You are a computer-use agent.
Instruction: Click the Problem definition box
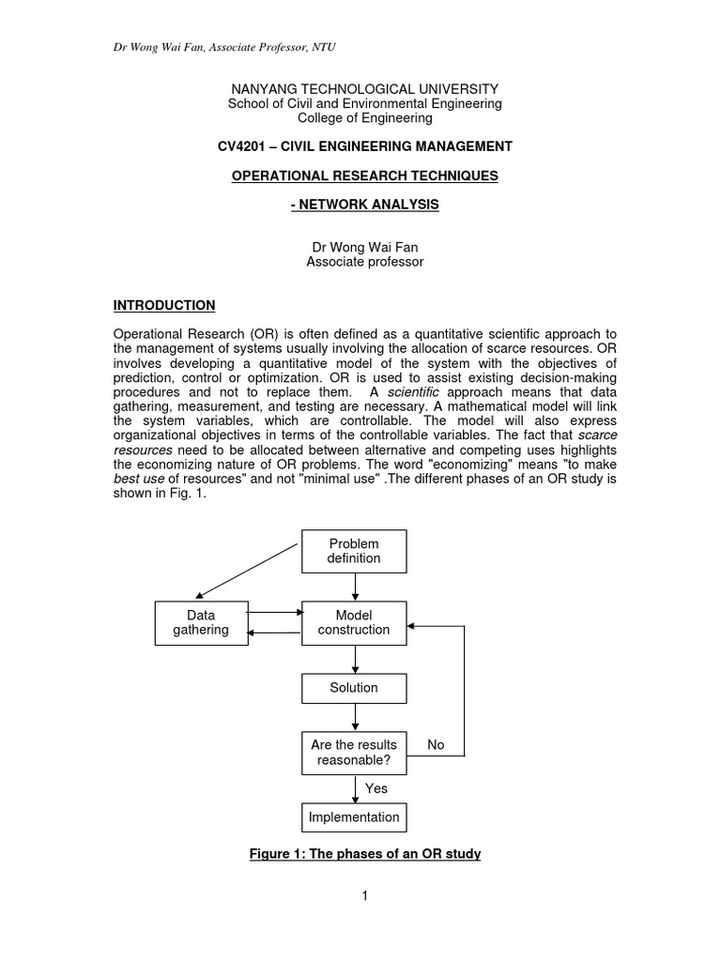coord(354,551)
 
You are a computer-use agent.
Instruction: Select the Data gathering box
coord(201,622)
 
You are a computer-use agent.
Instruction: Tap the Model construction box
coord(354,622)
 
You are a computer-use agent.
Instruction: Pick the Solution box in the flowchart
coord(354,688)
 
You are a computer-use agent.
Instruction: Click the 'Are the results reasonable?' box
coord(354,753)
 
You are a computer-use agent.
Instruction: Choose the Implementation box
coord(354,817)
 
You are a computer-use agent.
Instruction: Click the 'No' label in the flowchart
coord(436,744)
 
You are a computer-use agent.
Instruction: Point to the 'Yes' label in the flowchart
coord(376,789)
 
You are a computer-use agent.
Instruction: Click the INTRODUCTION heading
coord(164,305)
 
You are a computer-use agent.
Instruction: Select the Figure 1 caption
coord(365,855)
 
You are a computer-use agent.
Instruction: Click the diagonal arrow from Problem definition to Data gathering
coord(249,571)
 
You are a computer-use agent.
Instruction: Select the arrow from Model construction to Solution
coord(354,660)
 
